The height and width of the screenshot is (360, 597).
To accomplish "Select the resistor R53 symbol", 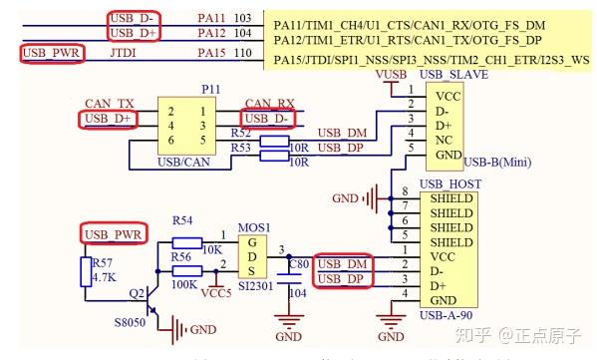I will coord(274,154).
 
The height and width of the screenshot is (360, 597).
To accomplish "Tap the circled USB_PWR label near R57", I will coord(114,233).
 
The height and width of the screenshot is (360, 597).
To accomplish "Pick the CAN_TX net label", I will coord(109,104).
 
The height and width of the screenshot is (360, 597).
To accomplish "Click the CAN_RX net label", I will coord(269,104).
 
